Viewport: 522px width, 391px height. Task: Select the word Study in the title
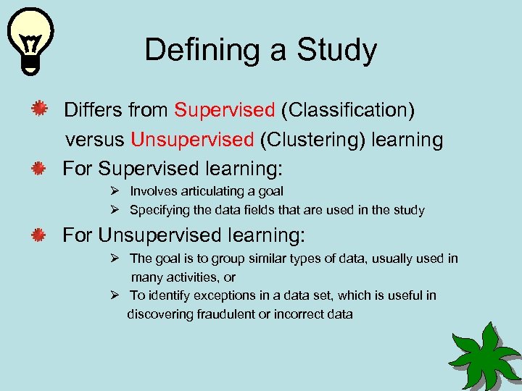(338, 51)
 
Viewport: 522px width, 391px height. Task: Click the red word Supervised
(225, 110)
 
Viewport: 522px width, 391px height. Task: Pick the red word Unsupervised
(192, 140)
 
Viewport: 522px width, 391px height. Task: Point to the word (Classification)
(348, 110)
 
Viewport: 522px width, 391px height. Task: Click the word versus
(95, 140)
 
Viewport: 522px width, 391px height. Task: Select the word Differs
(94, 110)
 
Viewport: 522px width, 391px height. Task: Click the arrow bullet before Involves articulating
(115, 191)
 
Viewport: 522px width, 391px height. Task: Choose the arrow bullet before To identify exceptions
(115, 295)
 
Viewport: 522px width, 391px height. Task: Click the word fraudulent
(225, 314)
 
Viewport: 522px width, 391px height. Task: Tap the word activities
(191, 277)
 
